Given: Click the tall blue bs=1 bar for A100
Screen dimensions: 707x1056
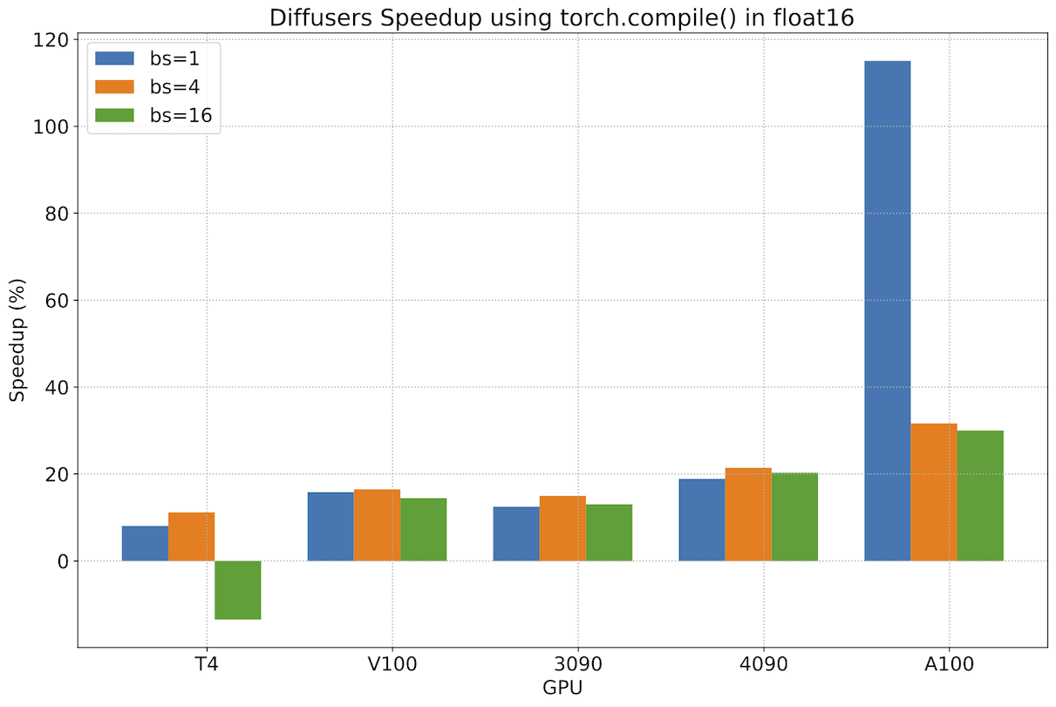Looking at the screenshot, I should coord(887,310).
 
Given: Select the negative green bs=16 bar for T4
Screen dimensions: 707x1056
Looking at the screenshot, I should coord(237,589).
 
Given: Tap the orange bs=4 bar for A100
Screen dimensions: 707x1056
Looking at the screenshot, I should coord(934,492).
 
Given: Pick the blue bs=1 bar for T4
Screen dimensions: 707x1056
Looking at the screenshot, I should coord(145,543).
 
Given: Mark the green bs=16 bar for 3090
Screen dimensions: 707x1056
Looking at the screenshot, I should coord(609,532).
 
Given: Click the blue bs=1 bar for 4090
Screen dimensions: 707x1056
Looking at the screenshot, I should coord(701,520).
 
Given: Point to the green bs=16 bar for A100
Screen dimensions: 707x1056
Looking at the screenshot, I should coord(980,495).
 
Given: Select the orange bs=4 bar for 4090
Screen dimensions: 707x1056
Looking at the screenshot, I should coord(748,514).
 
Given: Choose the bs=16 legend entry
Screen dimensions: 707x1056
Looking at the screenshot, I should coord(158,114).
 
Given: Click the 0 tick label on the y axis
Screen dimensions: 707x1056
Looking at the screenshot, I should coord(61,561).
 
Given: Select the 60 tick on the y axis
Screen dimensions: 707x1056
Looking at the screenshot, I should coord(56,301).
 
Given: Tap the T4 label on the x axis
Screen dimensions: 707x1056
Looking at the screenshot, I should coord(207,663).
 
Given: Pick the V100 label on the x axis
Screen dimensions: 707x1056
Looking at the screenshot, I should coord(392,663).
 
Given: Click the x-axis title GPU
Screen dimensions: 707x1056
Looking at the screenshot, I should coord(562,688).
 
